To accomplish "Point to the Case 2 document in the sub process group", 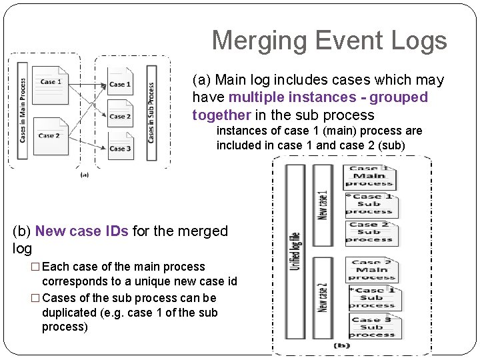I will [120, 116].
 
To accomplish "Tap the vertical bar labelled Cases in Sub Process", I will [151, 111].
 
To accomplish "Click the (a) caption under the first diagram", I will [85, 175].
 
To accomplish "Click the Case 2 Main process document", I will [371, 271].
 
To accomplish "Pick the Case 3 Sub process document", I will [371, 327].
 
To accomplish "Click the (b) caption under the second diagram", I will [341, 345].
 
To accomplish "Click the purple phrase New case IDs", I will [82, 231].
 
